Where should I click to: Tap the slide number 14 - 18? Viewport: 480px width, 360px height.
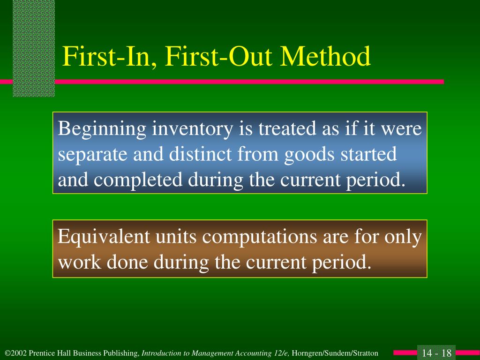click(436, 353)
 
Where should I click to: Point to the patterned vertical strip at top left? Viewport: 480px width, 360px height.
click(34, 47)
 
